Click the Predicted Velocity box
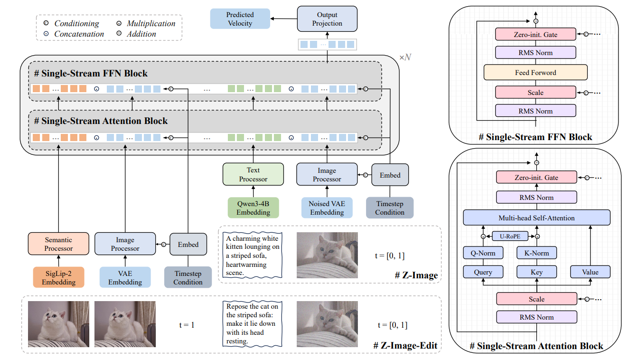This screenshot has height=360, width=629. tap(240, 19)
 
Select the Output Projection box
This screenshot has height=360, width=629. tap(327, 19)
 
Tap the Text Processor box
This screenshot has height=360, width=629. tap(253, 174)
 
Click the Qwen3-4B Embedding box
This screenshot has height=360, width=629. tap(253, 208)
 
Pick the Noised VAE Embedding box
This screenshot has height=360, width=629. tap(327, 208)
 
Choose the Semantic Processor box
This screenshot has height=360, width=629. tap(59, 244)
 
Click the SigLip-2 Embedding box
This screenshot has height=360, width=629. tap(59, 277)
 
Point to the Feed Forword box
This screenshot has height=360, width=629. tap(535, 73)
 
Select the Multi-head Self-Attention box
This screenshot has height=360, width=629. tap(536, 218)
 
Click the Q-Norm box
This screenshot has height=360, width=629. tap(483, 253)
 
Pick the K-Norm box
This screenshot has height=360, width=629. tap(536, 253)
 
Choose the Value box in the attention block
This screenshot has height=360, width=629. tap(590, 272)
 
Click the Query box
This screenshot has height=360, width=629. tap(483, 272)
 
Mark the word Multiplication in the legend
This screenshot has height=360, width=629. tap(151, 23)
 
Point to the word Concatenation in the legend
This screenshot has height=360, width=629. tap(79, 34)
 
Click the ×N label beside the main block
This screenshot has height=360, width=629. tap(405, 57)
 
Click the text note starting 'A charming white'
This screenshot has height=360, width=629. tap(253, 256)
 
